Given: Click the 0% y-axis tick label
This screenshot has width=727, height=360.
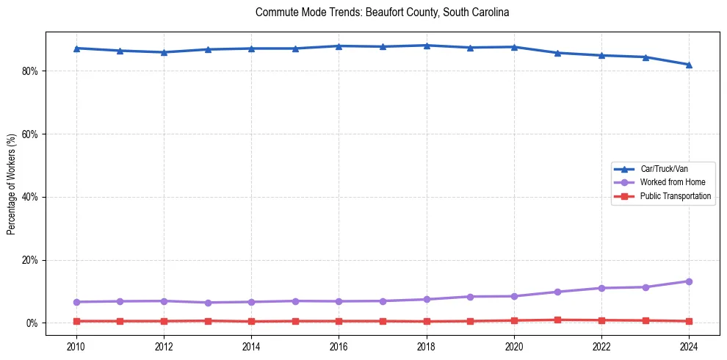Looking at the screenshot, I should [x=32, y=323].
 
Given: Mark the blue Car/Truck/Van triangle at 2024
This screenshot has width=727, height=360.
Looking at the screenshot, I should [x=689, y=65].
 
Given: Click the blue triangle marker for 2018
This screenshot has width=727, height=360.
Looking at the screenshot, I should [x=426, y=46].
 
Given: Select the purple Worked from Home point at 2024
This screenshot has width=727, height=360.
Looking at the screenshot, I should [x=689, y=281].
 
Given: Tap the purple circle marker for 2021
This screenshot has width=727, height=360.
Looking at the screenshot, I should [x=557, y=292].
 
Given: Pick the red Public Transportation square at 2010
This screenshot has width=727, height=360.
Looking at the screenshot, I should [x=76, y=321].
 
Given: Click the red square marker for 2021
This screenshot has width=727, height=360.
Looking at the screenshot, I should [x=557, y=320].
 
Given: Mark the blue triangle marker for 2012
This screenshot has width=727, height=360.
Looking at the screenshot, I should [x=163, y=52].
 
